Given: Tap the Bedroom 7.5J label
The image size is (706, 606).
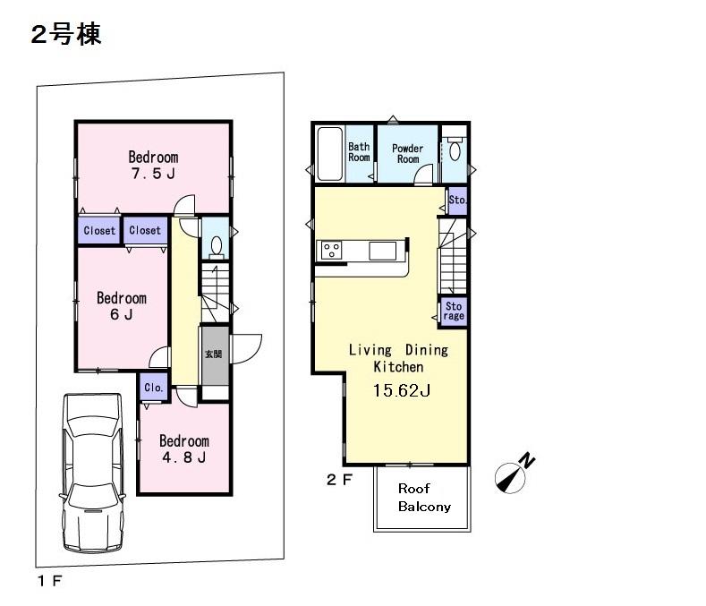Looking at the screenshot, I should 152,166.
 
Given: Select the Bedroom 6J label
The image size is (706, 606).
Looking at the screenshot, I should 121,306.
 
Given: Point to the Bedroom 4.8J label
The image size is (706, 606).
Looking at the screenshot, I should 183,449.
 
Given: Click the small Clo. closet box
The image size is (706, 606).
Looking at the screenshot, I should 152,389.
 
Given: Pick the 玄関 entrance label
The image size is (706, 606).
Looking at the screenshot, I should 213,354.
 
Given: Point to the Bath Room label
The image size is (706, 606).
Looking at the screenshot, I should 359,152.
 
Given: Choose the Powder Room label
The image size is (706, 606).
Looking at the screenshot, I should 407,153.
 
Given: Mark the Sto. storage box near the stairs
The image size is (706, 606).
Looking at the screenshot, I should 456,200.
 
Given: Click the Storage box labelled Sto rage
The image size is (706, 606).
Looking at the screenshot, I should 455,311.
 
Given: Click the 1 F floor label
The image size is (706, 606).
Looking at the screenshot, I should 49,581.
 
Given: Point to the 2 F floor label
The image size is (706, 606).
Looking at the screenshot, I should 339,479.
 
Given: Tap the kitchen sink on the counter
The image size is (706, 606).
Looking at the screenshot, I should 382,251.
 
